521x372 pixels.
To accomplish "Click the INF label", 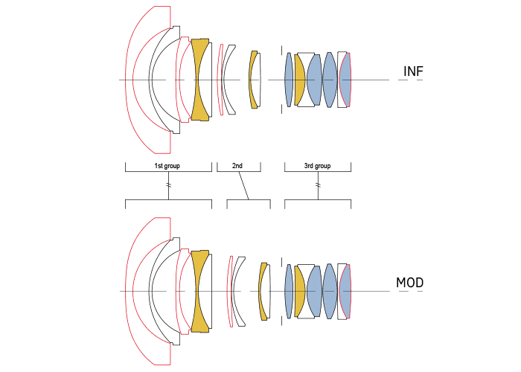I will [413, 71].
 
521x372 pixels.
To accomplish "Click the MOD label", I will [410, 284].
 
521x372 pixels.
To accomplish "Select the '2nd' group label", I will [238, 165].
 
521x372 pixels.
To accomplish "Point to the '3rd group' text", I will [318, 165].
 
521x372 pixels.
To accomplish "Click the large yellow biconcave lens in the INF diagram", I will [199, 80].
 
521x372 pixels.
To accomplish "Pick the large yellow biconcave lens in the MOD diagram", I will [199, 292].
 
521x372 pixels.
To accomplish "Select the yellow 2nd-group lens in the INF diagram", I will [254, 80].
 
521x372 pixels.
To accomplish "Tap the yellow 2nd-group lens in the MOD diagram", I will [263, 292].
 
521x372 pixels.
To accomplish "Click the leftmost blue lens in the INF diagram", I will [289, 80].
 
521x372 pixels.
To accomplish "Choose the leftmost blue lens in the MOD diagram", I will [289, 292].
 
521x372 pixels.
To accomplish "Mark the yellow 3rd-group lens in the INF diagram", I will [299, 80].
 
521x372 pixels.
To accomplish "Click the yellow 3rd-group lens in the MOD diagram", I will [299, 292].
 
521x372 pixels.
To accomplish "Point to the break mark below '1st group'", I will [169, 185].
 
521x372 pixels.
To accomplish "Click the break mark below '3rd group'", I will [318, 185].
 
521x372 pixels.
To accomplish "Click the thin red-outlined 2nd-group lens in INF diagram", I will [220, 80].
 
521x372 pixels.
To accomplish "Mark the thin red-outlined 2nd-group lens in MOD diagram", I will [230, 292].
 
